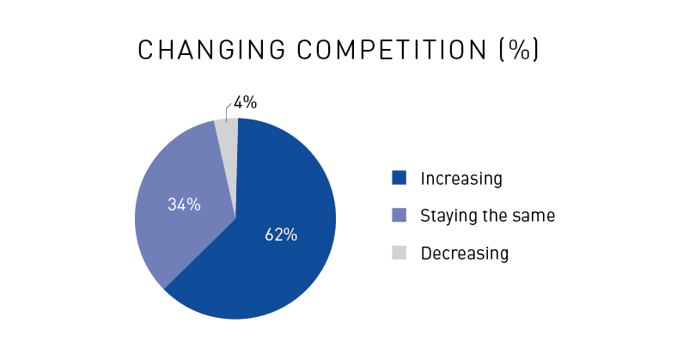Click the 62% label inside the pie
coord(281,235)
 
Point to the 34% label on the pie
coord(184,204)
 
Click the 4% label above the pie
coord(245,102)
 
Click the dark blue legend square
coord(399,178)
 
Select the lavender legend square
coord(399,215)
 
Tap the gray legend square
coord(399,253)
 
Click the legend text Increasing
coord(461,179)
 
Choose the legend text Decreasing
coord(465,253)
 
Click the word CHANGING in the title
coord(211,50)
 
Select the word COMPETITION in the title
coord(392,50)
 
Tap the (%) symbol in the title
coord(519,50)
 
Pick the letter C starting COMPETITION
coord(304,50)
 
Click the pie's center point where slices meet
coord(235,218)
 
